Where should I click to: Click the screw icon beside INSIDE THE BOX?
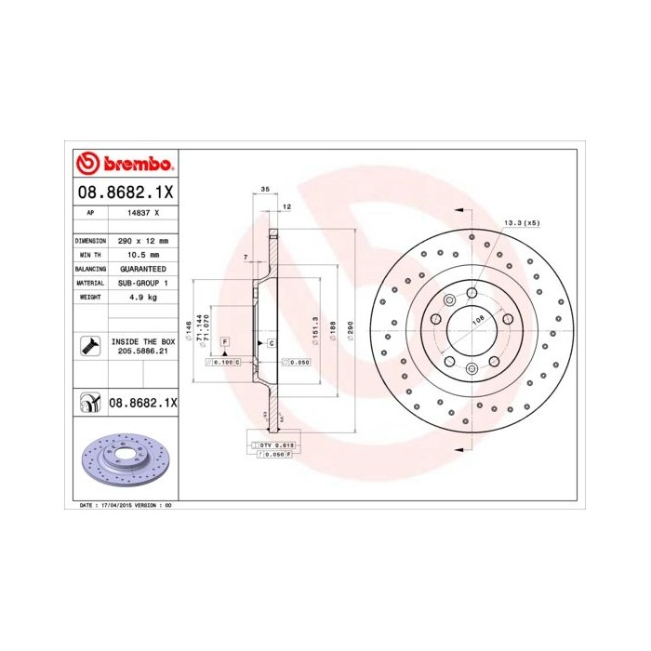click(88, 347)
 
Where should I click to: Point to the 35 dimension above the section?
click(264, 189)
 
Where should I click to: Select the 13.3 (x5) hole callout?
click(521, 223)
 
